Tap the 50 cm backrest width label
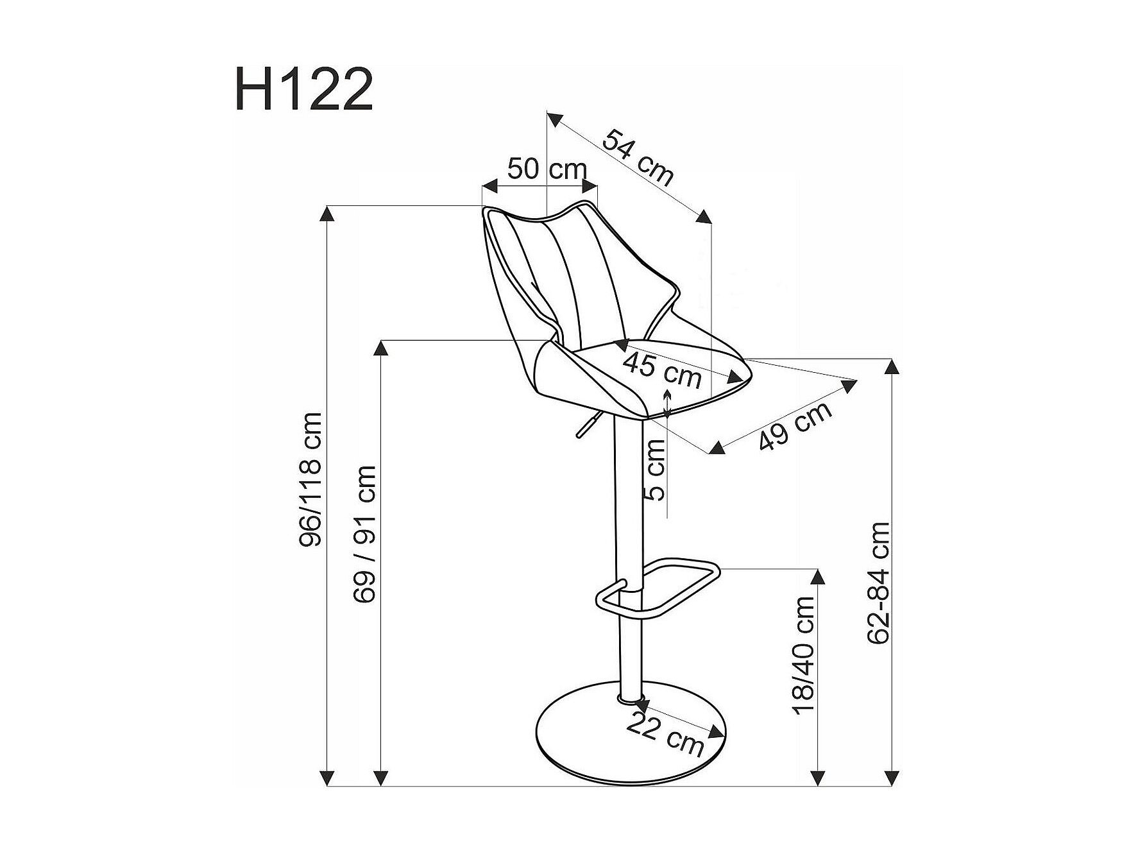(x=547, y=169)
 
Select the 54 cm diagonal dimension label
(x=638, y=157)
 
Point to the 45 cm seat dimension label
(x=663, y=371)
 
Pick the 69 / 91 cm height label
(x=364, y=534)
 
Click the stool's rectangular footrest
(x=658, y=588)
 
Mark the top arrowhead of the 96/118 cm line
(x=328, y=213)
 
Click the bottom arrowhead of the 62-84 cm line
(x=892, y=777)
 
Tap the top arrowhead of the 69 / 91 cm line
(x=381, y=347)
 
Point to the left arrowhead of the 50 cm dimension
(x=490, y=187)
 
